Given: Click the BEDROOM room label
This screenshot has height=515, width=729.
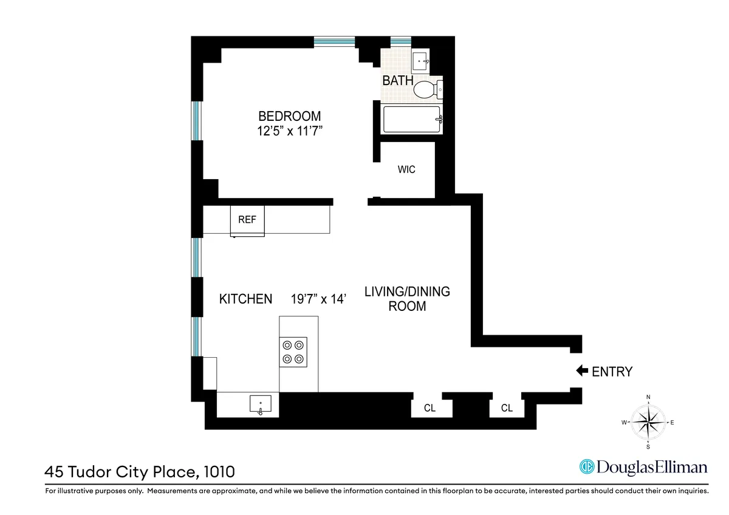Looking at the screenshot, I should point(289,116).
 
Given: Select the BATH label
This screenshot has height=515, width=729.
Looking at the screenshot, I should point(398,81).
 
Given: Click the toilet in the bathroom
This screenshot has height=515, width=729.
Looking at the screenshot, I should point(427,90).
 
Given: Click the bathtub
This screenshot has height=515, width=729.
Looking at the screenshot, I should point(411,119).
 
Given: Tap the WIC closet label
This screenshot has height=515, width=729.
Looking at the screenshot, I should point(406,170).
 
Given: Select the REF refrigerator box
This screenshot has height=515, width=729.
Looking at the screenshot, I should point(247,220).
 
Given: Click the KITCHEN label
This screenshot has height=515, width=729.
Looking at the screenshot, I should point(245,299).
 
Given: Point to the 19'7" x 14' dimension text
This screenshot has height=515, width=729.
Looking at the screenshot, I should point(319,299).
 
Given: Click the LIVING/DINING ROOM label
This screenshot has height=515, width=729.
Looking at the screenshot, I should point(407,299).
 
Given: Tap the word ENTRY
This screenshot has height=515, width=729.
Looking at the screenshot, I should point(612,372).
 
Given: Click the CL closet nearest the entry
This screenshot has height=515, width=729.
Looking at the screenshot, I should point(507,409).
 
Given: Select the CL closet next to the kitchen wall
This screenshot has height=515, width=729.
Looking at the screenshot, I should point(430,409).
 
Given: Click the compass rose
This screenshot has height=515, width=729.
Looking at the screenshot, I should point(648,422).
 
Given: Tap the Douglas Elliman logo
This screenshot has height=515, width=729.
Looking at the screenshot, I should point(643,466).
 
